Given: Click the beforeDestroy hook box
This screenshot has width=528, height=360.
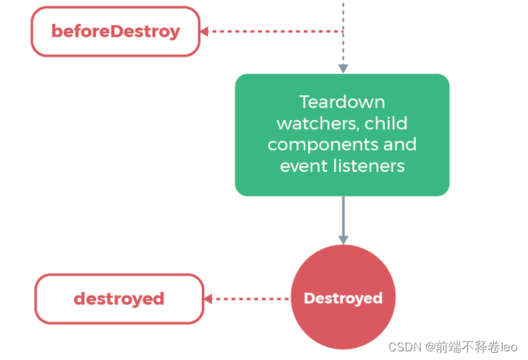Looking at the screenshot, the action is click(x=116, y=31).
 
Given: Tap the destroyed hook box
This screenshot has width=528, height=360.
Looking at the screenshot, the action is click(x=119, y=299).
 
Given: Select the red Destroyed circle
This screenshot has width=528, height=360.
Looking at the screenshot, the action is click(x=343, y=297).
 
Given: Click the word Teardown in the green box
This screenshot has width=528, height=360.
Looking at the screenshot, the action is click(x=342, y=102).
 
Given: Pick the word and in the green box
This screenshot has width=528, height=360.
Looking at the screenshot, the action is click(x=400, y=145).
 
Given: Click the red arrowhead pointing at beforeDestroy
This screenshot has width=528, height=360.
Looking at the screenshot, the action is click(x=205, y=31).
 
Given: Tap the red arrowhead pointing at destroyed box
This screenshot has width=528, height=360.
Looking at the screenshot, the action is click(x=208, y=299).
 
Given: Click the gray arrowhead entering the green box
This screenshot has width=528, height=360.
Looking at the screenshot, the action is click(x=343, y=69).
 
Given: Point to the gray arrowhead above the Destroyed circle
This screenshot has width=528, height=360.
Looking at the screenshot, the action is click(x=343, y=240).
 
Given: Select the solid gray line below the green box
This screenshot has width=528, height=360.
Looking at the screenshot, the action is click(x=343, y=216).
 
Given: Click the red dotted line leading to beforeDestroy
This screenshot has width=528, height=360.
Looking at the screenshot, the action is click(x=276, y=31).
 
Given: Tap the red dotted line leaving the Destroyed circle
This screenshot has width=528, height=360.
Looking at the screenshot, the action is click(x=251, y=299).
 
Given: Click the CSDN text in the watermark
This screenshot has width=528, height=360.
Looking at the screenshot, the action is click(x=405, y=347).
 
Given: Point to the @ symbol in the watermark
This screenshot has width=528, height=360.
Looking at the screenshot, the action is click(x=430, y=347).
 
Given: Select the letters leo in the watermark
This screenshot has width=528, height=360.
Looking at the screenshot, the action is click(x=508, y=347).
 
